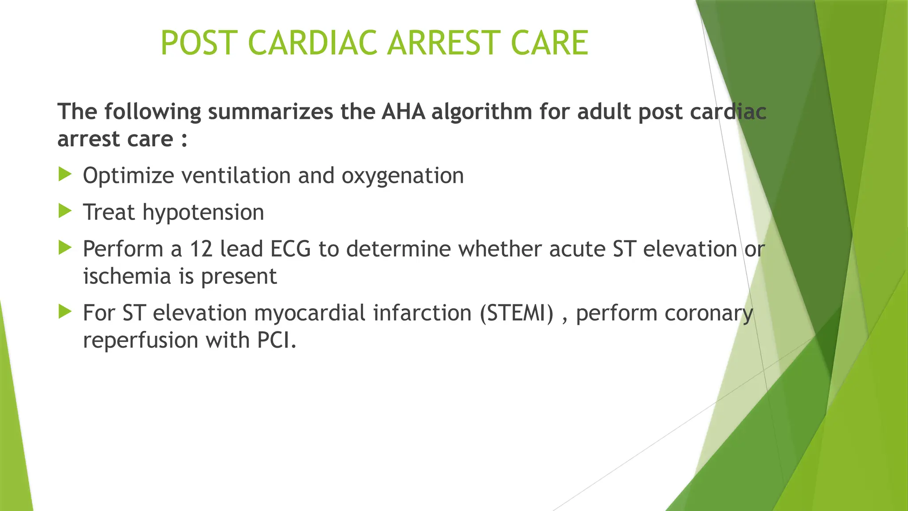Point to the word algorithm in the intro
[x=481, y=111]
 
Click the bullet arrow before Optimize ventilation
[x=65, y=174]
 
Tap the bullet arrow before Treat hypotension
[x=65, y=211]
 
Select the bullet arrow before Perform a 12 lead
[x=65, y=248]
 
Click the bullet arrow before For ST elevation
[x=65, y=312]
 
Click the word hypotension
[x=203, y=212]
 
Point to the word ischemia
[x=127, y=276]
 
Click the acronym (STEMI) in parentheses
[x=517, y=313]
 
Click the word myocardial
[x=310, y=313]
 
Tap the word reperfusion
[x=141, y=341]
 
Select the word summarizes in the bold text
[x=270, y=111]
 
